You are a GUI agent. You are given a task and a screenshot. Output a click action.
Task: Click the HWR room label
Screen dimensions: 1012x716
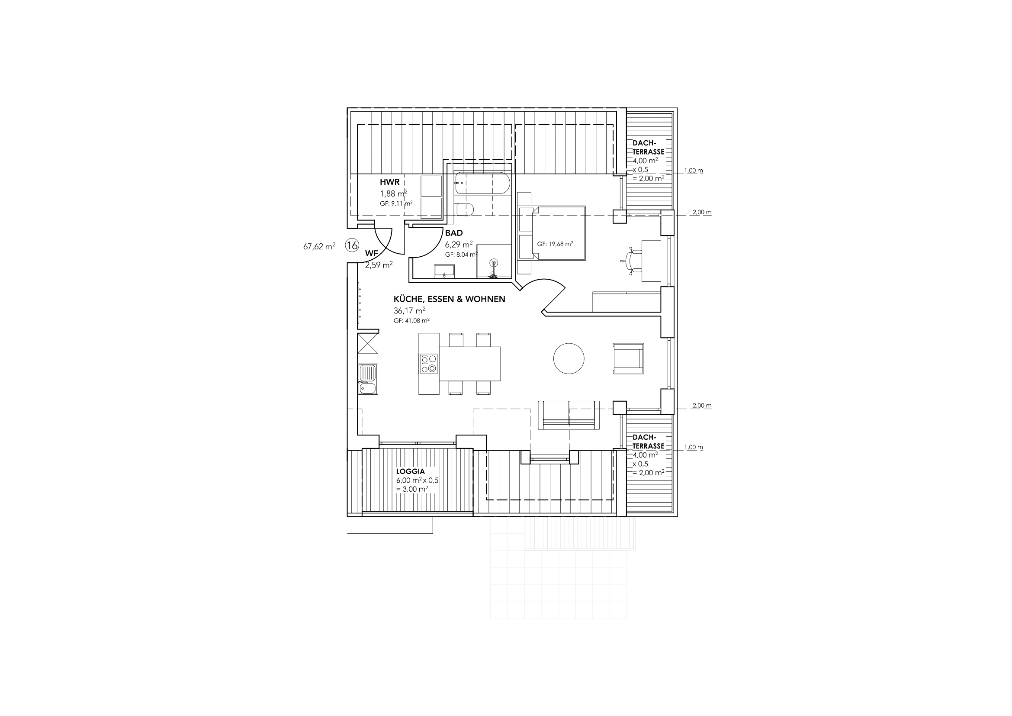click(x=390, y=182)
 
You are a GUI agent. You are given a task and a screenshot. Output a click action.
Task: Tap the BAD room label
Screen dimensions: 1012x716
click(x=453, y=233)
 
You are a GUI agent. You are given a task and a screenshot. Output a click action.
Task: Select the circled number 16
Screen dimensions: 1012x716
click(x=352, y=245)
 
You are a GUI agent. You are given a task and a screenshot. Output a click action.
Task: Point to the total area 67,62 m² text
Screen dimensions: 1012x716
click(x=319, y=246)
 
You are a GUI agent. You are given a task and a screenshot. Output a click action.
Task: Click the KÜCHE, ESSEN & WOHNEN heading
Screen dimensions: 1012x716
click(x=450, y=299)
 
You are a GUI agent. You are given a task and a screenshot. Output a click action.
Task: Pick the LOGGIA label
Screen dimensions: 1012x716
click(x=410, y=472)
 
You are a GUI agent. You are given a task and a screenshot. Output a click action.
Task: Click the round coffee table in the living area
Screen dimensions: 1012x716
click(x=569, y=358)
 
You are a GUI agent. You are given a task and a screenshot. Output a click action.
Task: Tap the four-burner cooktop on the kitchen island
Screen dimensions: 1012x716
click(x=428, y=364)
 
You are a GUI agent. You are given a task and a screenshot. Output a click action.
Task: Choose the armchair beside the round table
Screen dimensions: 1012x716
click(x=629, y=358)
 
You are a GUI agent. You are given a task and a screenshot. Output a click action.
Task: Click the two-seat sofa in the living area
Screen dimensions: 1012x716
click(x=569, y=415)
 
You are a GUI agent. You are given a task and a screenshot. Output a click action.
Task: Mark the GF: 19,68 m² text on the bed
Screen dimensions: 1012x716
click(x=555, y=244)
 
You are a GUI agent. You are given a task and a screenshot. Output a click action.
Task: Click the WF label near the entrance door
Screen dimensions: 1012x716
click(x=372, y=254)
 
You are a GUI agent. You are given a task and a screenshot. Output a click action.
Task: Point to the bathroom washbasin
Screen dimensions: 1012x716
click(x=445, y=270)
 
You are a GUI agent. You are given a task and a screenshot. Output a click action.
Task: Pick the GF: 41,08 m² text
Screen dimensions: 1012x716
click(x=411, y=321)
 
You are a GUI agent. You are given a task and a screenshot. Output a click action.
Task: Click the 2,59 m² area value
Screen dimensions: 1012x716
click(x=379, y=265)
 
